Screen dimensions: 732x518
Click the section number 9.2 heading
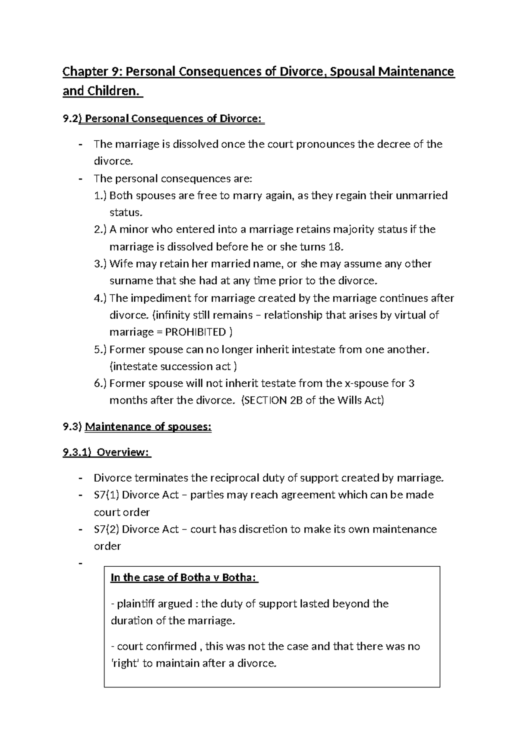pyautogui.click(x=70, y=118)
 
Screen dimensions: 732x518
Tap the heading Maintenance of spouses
pyautogui.click(x=148, y=427)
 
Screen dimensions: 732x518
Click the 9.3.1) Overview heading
pyautogui.click(x=107, y=452)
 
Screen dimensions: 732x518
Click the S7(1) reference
pyautogui.click(x=106, y=495)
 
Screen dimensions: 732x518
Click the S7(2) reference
pyautogui.click(x=106, y=529)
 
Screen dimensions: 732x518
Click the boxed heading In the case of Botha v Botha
pyautogui.click(x=184, y=577)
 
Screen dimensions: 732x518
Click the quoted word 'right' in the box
pyautogui.click(x=124, y=663)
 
